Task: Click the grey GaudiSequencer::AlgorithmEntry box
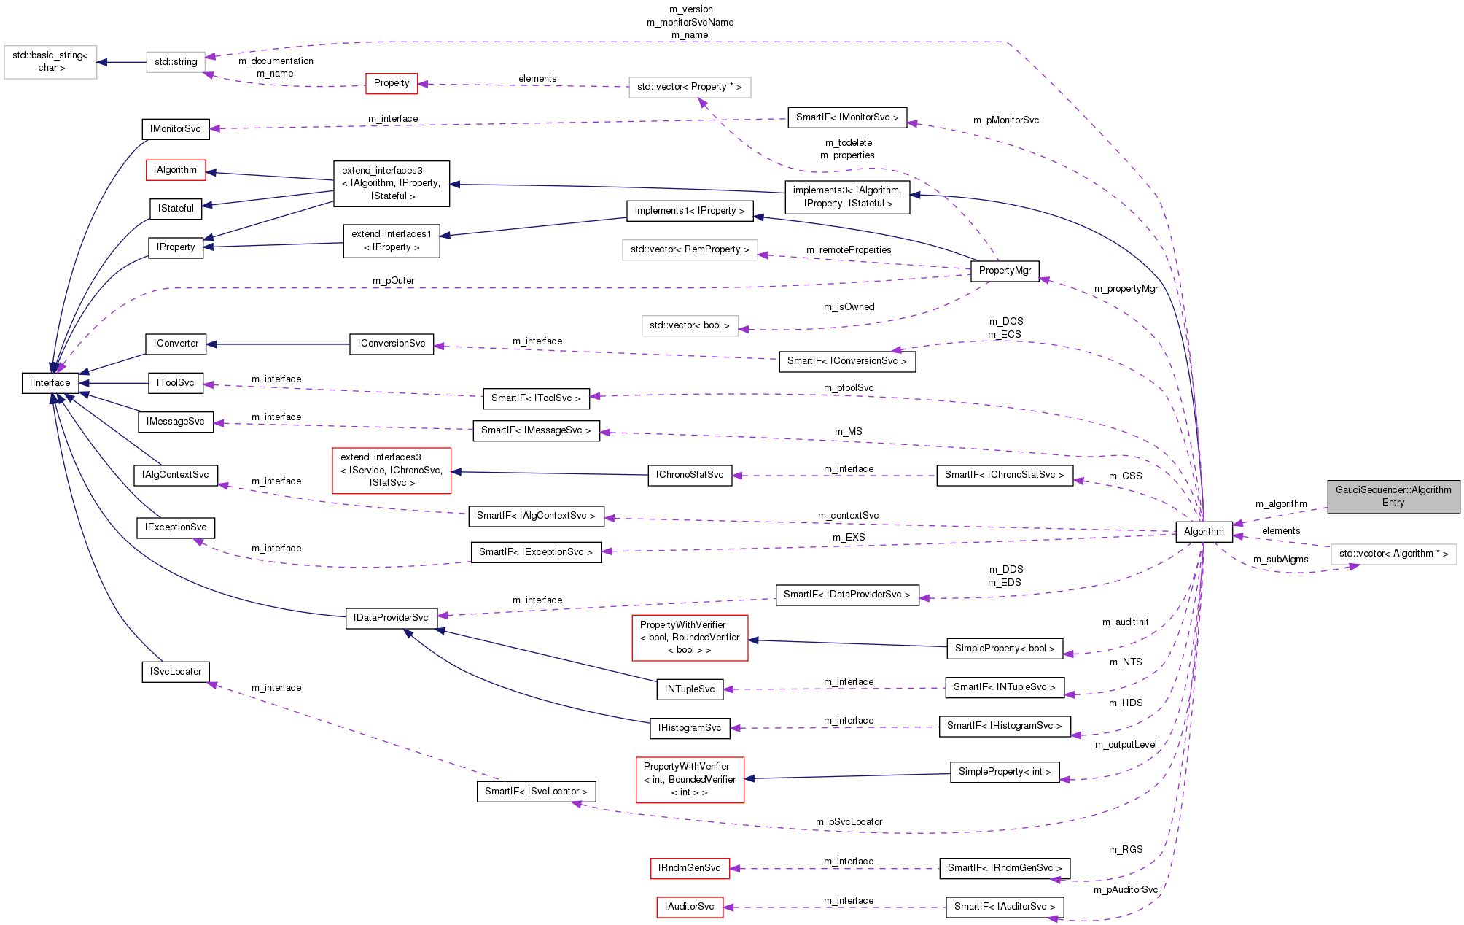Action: pos(1393,496)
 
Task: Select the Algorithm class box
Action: pos(1203,532)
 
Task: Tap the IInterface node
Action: pos(50,383)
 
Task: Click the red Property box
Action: pos(392,83)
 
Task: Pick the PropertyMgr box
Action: pos(1004,271)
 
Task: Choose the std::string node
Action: pos(176,62)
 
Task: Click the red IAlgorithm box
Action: pos(176,170)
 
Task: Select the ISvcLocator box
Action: pos(176,672)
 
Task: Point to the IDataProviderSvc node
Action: pos(391,618)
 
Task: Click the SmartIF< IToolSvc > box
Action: pos(536,398)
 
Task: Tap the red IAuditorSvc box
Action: pos(689,907)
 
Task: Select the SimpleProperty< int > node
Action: pos(1004,772)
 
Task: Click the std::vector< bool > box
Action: pos(689,325)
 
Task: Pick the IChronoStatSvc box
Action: pos(689,475)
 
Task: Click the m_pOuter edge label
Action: pos(393,281)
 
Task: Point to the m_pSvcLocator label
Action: pos(849,822)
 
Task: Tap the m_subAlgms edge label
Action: pos(1280,560)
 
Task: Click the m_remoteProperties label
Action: pos(849,250)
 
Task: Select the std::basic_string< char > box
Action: pos(50,62)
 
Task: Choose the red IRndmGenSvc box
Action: pos(689,868)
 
